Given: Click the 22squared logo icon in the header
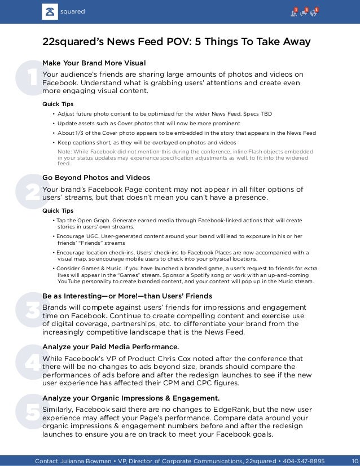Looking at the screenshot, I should [50, 11].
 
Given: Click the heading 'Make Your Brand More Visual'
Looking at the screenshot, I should [94, 62].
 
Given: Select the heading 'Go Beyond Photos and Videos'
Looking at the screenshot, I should [96, 178].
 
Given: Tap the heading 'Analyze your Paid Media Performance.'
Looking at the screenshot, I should [111, 346].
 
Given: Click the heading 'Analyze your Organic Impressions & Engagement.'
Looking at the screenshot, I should [131, 398].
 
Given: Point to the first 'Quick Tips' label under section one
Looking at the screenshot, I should [58, 104].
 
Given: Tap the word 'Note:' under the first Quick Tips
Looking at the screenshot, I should [65, 152].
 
